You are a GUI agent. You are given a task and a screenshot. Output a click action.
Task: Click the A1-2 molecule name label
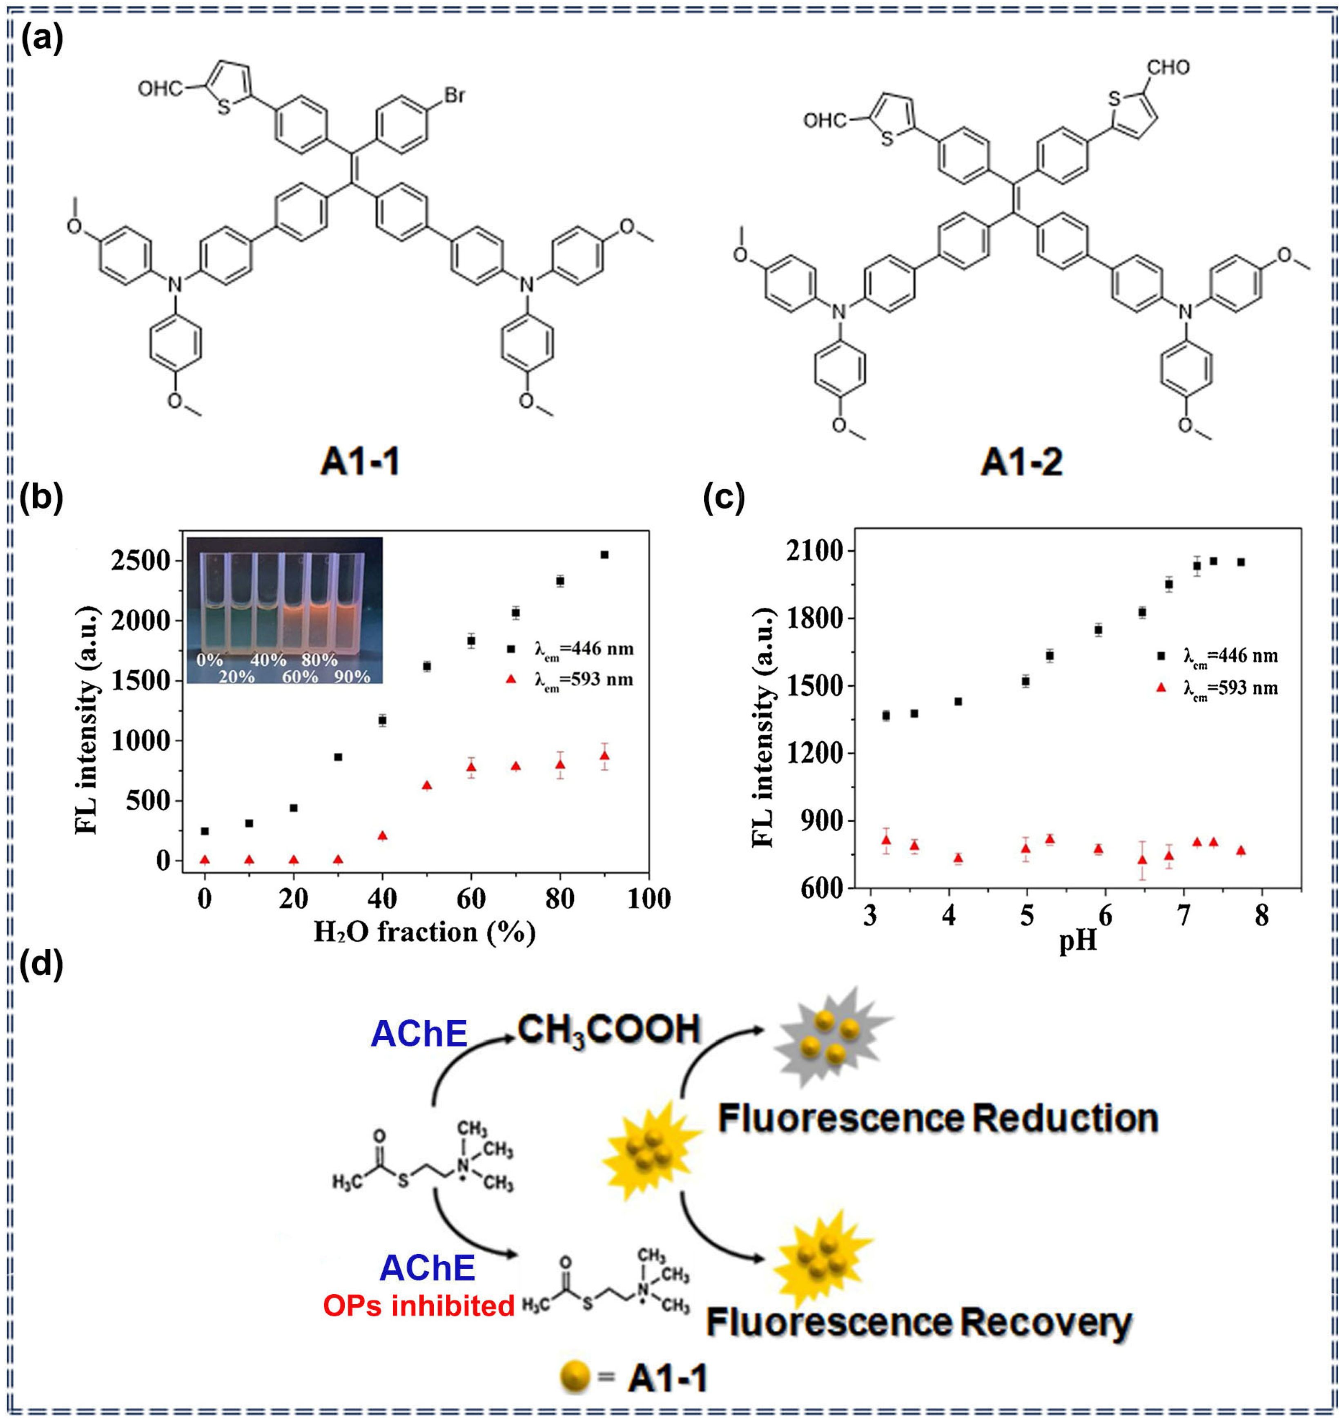click(x=1021, y=462)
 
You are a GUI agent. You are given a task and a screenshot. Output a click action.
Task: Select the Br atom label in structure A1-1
click(x=454, y=95)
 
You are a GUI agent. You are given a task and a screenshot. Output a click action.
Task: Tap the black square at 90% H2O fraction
click(x=604, y=555)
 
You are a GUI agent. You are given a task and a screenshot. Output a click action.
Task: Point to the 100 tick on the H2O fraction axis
click(x=649, y=899)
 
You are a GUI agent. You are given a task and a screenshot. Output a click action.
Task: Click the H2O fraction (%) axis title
click(x=424, y=932)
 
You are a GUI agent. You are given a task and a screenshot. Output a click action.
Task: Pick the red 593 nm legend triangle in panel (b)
click(x=511, y=678)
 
